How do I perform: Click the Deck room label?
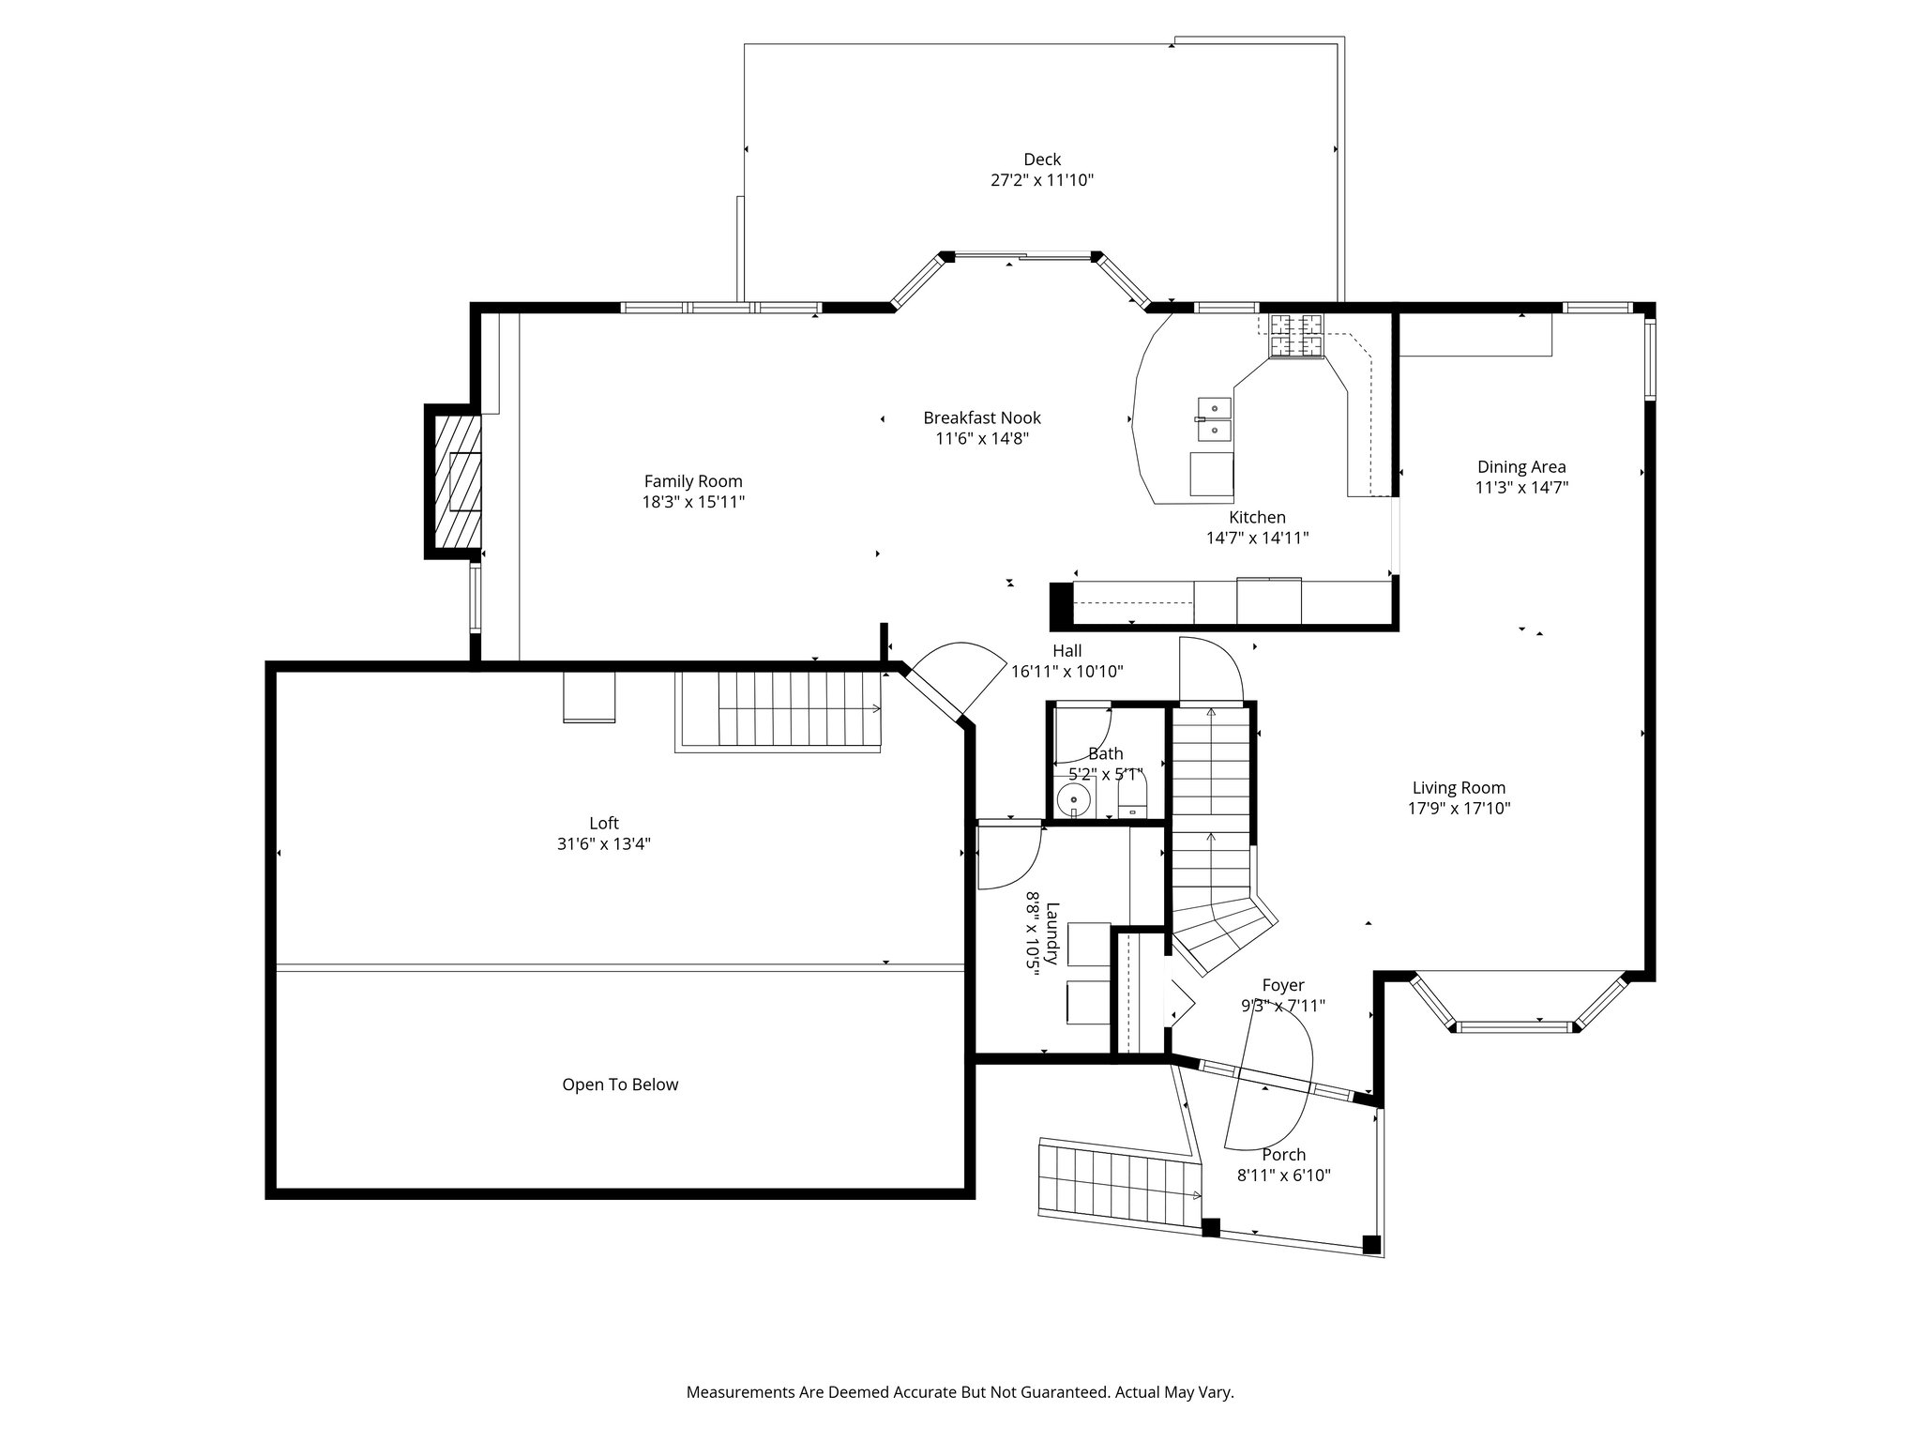click(x=1042, y=159)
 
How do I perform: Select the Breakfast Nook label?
click(x=982, y=417)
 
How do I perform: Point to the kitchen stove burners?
click(x=1296, y=335)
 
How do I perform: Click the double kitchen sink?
click(x=1214, y=418)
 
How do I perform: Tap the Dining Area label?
click(x=1521, y=466)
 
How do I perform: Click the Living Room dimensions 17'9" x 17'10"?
click(x=1459, y=809)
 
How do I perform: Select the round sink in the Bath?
click(x=1073, y=800)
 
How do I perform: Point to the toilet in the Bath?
click(x=1133, y=799)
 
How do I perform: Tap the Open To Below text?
click(x=620, y=1085)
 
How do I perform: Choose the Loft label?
click(x=604, y=823)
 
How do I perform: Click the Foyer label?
click(x=1283, y=985)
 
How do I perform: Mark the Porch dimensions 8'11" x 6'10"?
click(x=1284, y=1176)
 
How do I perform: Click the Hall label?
click(x=1066, y=650)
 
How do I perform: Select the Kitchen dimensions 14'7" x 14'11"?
click(x=1257, y=538)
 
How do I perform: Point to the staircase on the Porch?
click(x=1119, y=1183)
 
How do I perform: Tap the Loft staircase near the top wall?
click(x=779, y=711)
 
